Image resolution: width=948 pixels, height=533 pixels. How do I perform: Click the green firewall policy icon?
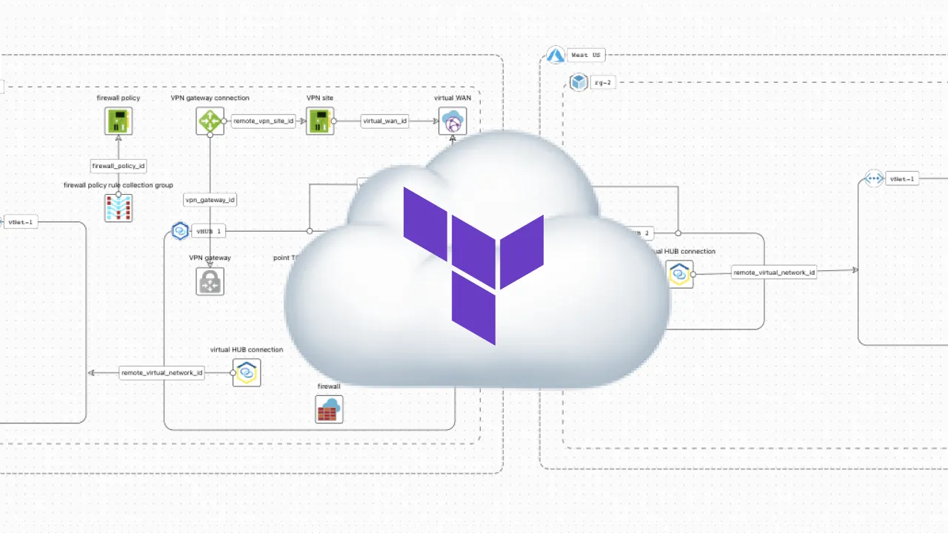click(x=118, y=121)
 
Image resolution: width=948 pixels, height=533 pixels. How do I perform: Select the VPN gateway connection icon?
click(x=210, y=121)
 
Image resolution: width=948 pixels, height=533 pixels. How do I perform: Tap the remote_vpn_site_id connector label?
click(x=264, y=121)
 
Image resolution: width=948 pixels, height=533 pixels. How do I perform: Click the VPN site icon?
click(x=320, y=121)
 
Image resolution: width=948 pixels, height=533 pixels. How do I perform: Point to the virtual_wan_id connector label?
click(x=384, y=121)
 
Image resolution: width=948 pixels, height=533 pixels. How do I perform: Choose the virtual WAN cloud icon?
click(x=453, y=121)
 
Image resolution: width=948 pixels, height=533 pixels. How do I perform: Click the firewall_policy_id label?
click(x=118, y=166)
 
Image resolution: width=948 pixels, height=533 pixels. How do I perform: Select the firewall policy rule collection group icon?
click(x=118, y=208)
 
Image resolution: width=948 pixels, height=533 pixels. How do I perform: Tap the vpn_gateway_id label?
click(x=210, y=199)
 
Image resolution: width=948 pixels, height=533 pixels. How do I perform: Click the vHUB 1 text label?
click(x=208, y=232)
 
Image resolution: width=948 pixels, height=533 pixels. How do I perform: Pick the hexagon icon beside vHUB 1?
click(x=180, y=231)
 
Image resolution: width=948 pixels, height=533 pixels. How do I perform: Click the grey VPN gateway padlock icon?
click(x=210, y=282)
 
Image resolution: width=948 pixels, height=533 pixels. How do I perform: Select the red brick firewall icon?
click(x=329, y=409)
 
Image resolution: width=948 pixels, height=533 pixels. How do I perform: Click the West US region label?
click(x=586, y=55)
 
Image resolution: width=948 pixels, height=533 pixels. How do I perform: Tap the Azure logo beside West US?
click(x=555, y=55)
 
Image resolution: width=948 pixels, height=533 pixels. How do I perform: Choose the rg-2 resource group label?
click(x=603, y=83)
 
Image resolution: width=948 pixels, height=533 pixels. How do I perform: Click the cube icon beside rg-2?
click(x=578, y=82)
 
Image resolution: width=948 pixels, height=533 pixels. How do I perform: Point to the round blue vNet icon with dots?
click(x=874, y=178)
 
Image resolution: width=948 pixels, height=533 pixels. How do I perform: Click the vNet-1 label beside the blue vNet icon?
click(x=902, y=178)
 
